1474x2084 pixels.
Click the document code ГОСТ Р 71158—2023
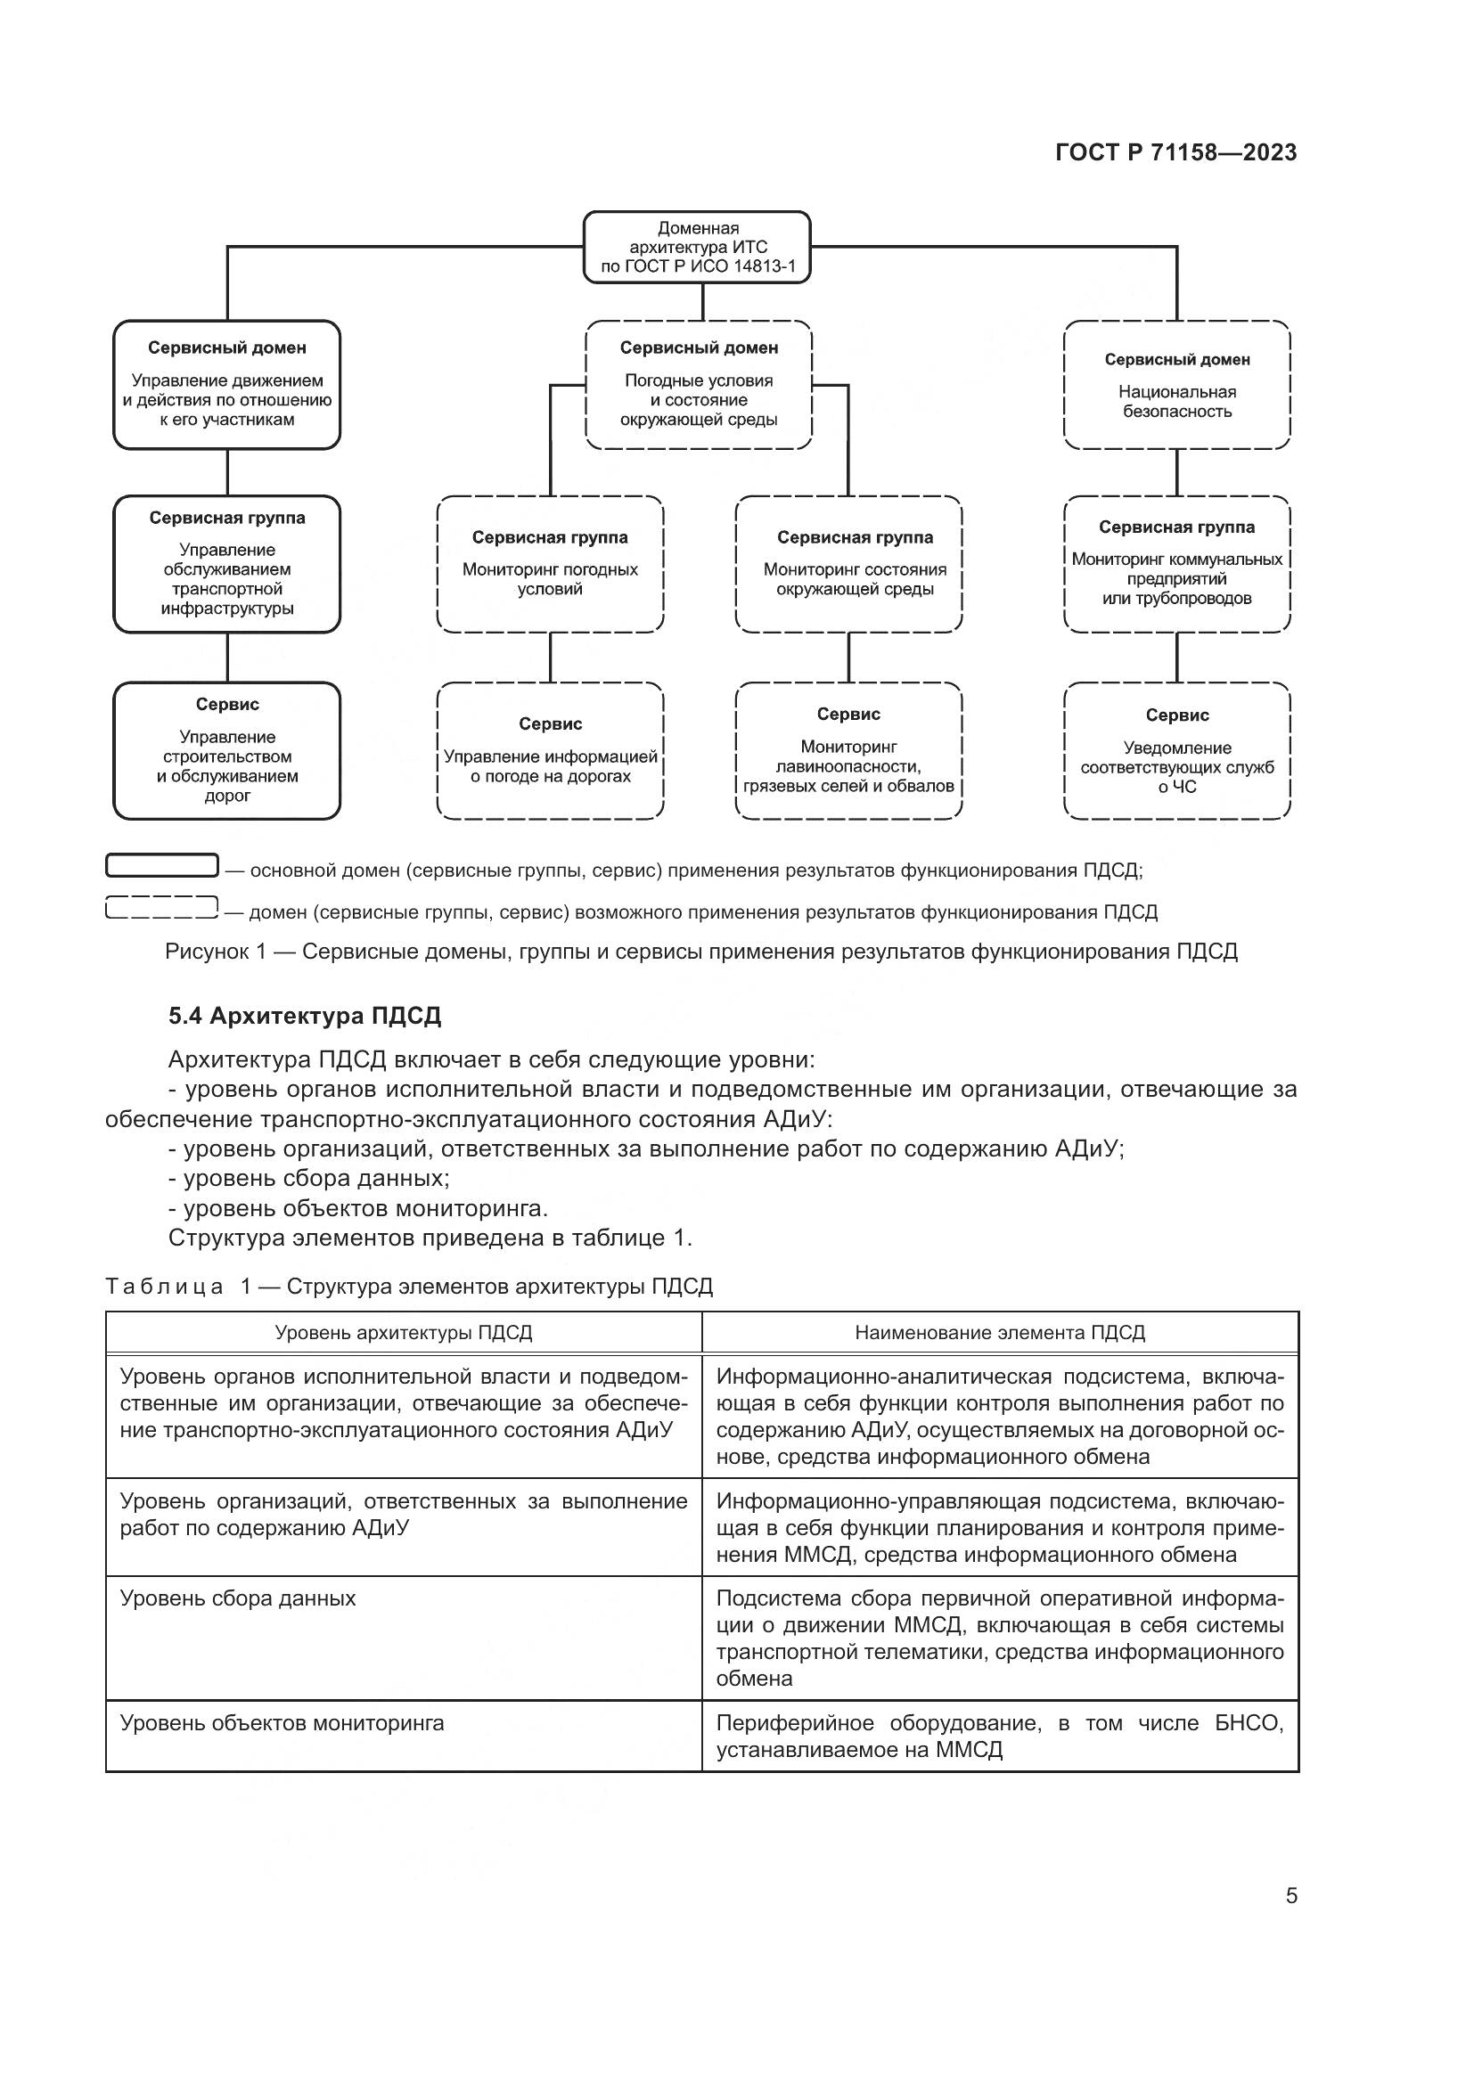[1175, 152]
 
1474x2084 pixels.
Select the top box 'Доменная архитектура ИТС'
[697, 247]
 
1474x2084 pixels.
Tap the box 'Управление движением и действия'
[227, 385]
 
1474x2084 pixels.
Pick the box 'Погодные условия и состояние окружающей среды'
[698, 385]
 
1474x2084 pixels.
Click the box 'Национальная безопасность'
[1176, 385]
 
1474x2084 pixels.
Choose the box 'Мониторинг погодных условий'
[550, 564]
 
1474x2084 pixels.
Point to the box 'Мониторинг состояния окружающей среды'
[848, 564]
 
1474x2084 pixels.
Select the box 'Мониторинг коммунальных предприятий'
[1176, 564]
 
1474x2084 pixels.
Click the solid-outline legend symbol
[161, 866]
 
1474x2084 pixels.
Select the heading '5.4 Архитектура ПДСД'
[305, 1016]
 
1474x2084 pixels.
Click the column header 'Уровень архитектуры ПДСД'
[403, 1332]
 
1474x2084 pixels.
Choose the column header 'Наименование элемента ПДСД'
[999, 1332]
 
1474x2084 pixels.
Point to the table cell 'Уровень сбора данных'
[238, 1598]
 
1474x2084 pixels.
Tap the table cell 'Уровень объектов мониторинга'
[283, 1723]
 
